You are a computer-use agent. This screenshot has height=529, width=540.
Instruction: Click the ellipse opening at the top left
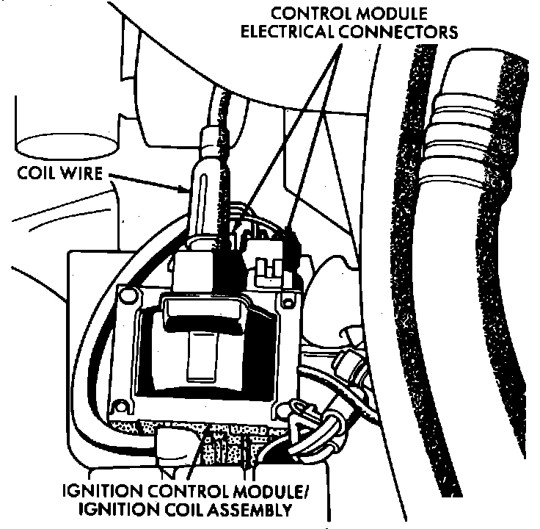[48, 144]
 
